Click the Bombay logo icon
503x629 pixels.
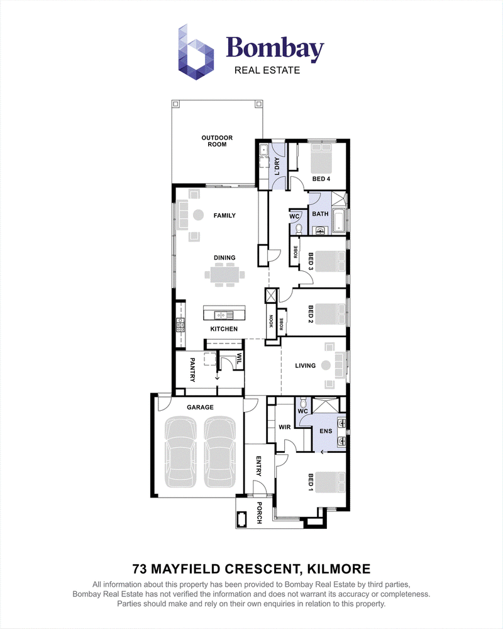coord(196,52)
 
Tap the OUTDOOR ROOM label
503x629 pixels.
coord(217,141)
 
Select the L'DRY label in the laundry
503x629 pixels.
coord(277,167)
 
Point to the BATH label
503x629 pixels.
coord(320,214)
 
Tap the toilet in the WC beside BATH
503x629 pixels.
coord(299,229)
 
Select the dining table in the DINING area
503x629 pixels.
coord(224,275)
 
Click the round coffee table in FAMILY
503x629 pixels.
coord(198,215)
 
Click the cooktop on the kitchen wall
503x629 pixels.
coord(180,325)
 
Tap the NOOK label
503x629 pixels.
coord(271,321)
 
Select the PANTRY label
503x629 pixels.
coord(192,370)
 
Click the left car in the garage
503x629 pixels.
coord(181,452)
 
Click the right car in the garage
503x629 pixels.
coord(221,452)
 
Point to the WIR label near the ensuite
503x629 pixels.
coord(285,427)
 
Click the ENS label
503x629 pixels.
coord(326,431)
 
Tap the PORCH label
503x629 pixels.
coord(259,513)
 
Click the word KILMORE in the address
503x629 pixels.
coord(338,569)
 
